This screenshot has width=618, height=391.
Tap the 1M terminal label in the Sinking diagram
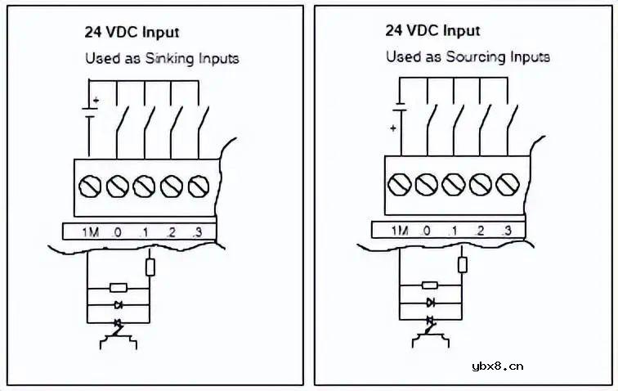click(x=90, y=232)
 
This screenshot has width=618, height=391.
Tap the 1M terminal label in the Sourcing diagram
click(x=399, y=231)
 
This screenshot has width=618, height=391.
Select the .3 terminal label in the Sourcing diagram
click(x=506, y=231)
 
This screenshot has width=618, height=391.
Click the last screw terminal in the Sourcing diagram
click(x=506, y=185)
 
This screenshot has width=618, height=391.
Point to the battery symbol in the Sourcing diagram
click(x=398, y=110)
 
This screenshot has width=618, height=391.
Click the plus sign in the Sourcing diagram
click(x=392, y=128)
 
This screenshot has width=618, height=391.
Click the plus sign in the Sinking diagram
click(x=96, y=101)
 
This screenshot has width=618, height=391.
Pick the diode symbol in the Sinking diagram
click(x=119, y=304)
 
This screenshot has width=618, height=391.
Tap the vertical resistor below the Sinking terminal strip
click(x=150, y=266)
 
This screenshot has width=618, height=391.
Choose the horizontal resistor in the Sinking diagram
click(x=119, y=288)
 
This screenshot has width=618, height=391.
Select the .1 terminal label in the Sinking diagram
click(x=144, y=232)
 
